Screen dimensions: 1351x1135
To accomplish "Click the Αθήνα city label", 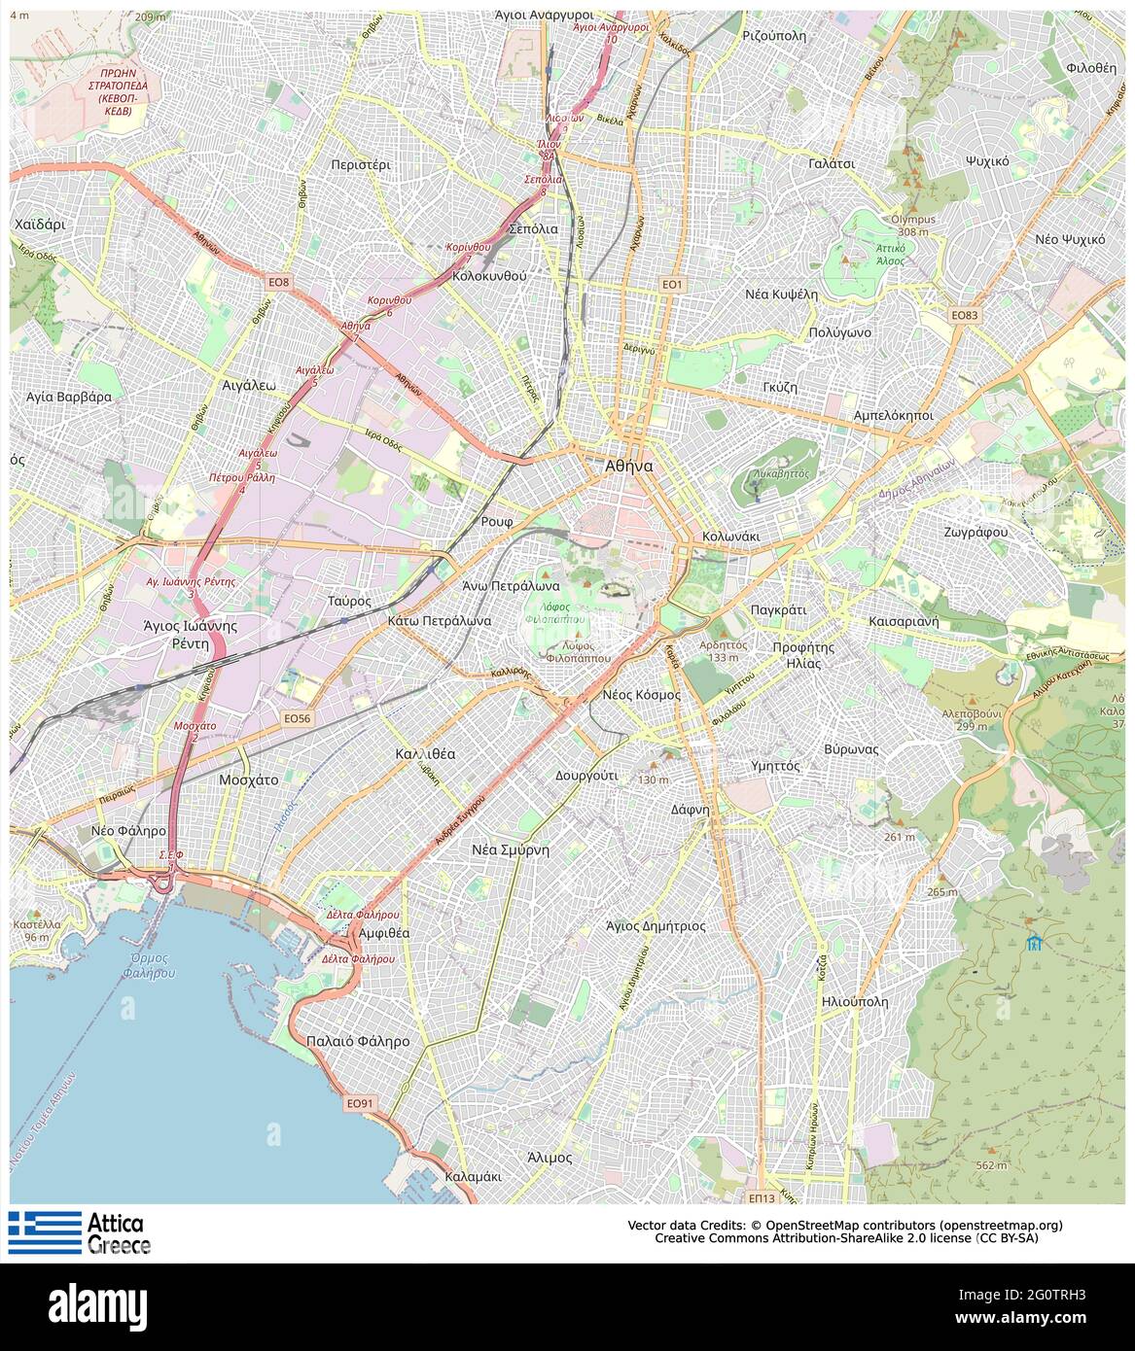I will point(628,466).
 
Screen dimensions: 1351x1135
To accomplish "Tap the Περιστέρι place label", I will point(360,164).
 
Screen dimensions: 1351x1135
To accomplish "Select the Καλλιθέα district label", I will point(425,753).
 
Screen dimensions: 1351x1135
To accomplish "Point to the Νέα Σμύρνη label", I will point(511,849).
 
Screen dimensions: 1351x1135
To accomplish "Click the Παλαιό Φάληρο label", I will point(357,1041).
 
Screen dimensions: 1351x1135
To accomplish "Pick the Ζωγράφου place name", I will point(975,533).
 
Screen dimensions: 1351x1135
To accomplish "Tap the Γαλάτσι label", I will point(832,163).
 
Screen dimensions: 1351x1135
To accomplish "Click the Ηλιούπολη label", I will point(854,1001).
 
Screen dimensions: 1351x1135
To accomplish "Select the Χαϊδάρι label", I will point(40,224).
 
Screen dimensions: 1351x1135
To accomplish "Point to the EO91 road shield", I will point(359,1103).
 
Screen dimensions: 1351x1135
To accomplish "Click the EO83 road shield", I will point(964,315).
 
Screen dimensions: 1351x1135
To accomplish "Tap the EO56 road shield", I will point(298,717).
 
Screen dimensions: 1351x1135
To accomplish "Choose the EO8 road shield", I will point(279,282).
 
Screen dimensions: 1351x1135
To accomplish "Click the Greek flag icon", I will point(45,1231).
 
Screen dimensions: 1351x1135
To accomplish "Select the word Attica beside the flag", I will point(116,1223).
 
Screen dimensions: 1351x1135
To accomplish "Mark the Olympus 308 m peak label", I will point(912,225).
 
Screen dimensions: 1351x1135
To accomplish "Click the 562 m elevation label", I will point(991,1164).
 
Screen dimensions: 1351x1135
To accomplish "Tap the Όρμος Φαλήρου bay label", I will point(153,965).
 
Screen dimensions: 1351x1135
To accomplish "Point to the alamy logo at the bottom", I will point(97,1302).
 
